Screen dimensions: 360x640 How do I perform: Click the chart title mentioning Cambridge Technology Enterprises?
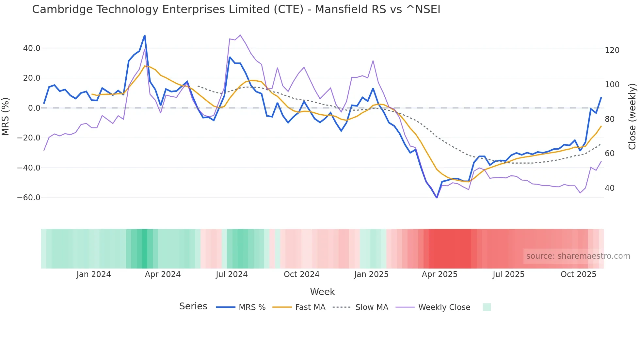(236, 9)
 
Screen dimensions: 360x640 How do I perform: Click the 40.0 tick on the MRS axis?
(32, 48)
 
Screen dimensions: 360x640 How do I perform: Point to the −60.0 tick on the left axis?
(29, 198)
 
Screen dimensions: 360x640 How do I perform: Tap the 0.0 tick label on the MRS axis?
(34, 108)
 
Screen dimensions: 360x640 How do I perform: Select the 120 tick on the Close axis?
(612, 50)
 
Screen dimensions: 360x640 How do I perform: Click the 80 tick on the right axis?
(610, 119)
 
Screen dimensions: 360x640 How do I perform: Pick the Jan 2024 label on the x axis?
(94, 274)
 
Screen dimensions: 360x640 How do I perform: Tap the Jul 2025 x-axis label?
(508, 274)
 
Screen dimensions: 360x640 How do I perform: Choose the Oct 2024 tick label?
(301, 274)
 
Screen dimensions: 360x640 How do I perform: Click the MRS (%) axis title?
(6, 117)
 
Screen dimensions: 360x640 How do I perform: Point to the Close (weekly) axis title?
(632, 117)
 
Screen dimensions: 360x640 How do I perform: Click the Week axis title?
(322, 292)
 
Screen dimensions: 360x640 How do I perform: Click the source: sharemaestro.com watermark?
(578, 256)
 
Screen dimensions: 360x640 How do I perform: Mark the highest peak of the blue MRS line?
(145, 36)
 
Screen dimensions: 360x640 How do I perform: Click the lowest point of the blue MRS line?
(437, 198)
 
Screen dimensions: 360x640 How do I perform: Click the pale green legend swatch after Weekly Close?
(487, 307)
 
